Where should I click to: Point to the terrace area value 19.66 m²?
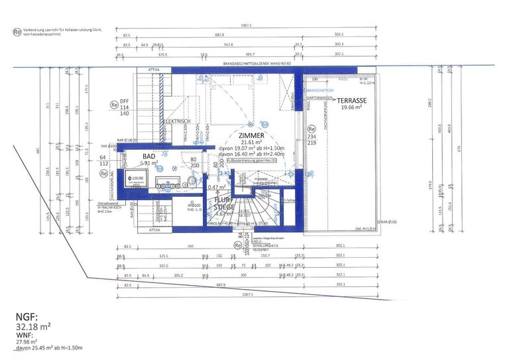tap(351, 108)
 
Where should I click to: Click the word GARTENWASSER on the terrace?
tap(319, 97)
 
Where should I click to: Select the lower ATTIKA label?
tap(154, 230)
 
